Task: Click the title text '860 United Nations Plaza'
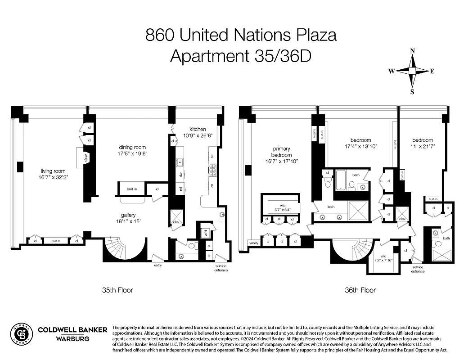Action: coord(241,35)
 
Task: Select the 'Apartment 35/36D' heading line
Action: coord(241,56)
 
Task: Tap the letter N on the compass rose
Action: coord(412,51)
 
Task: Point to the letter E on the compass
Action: coord(432,71)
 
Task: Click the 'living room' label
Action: coord(53,171)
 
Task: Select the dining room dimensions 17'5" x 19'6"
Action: coord(133,153)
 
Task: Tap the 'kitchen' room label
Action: coord(198,129)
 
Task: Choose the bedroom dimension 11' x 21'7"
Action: coord(422,146)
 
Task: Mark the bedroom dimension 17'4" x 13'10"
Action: coord(360,146)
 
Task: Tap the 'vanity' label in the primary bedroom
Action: coord(254,243)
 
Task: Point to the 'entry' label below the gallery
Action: coord(158,265)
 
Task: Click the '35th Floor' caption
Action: coord(117,290)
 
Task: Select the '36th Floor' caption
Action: coord(360,290)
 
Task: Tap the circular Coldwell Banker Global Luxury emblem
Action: coord(21,335)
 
